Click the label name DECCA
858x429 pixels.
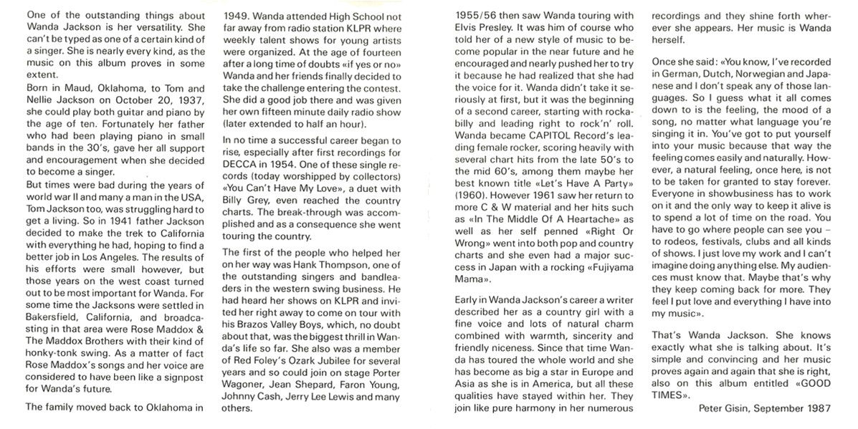coord(242,163)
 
